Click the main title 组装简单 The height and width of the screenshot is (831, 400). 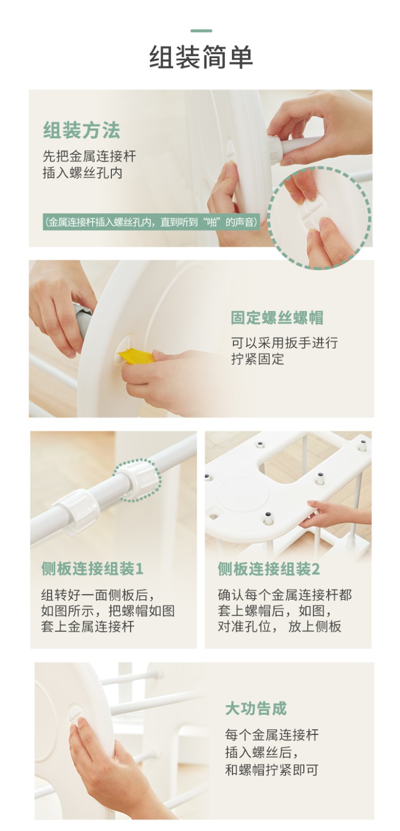coord(201,57)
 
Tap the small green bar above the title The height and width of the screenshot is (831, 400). coord(201,31)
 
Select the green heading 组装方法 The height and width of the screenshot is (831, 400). coord(81,130)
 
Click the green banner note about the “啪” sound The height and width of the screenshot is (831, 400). coord(151,222)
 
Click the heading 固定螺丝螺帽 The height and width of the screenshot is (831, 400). coord(277,318)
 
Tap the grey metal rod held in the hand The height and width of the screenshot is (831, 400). coord(83,319)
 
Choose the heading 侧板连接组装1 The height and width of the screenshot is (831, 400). coord(92,569)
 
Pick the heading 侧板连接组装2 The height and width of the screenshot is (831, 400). coord(268,569)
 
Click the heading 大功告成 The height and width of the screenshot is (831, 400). coord(256,708)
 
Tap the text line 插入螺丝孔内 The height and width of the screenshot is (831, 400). coord(83,173)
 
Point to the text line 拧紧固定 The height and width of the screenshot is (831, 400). coord(257,359)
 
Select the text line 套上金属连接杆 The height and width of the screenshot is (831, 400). coord(88,626)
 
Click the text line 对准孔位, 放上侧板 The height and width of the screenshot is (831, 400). coord(279,626)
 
